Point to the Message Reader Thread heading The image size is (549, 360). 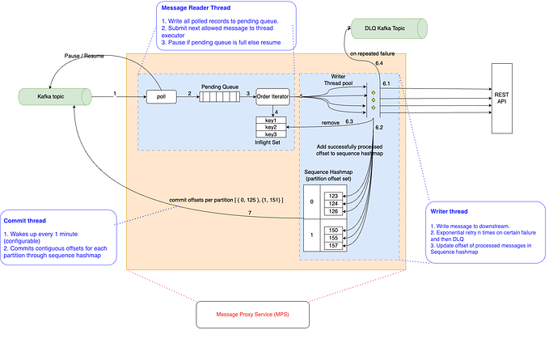point(197,7)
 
